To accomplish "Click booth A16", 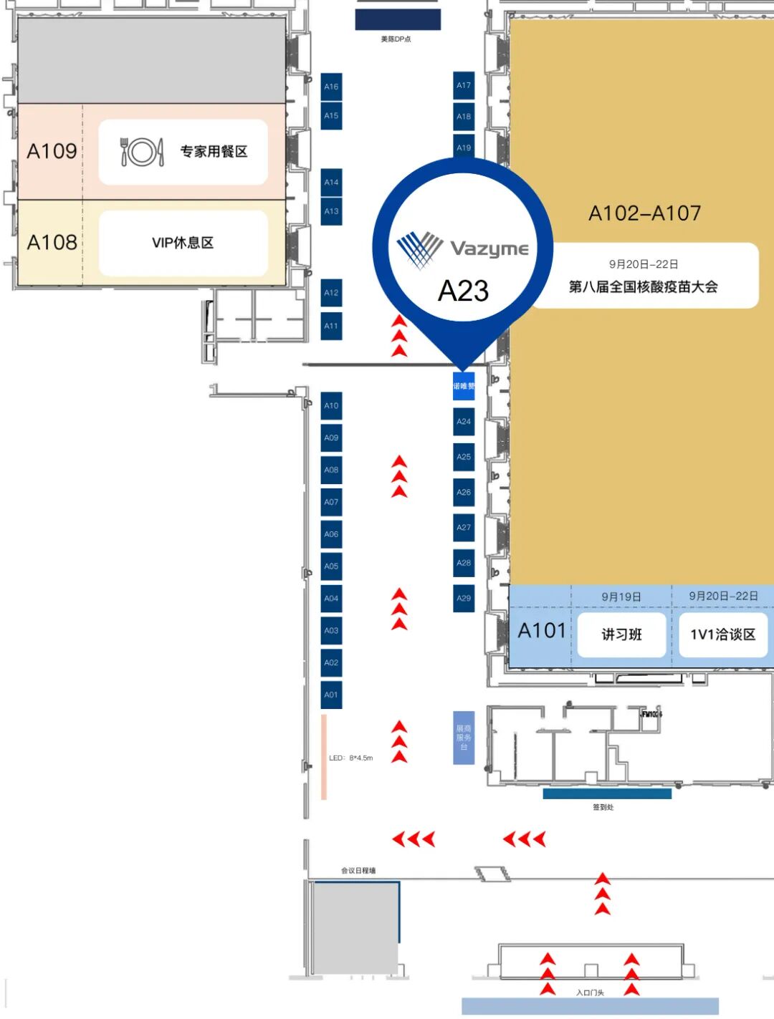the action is (331, 86).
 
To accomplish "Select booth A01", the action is (331, 695).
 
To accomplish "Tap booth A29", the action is (464, 598).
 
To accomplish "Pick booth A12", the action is (331, 292).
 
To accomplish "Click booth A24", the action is (464, 422).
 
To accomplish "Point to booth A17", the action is (464, 85).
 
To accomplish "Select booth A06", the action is (331, 534).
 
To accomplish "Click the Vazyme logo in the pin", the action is (462, 248).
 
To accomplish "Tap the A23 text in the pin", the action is (463, 291).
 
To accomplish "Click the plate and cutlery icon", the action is (141, 152).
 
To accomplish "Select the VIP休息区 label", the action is (183, 243).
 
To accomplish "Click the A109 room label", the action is (52, 151).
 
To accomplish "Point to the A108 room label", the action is (52, 242).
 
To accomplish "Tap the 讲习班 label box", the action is (621, 634).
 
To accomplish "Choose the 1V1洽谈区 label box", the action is (722, 634).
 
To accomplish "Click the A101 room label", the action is (542, 631).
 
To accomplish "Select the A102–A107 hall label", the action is (644, 213).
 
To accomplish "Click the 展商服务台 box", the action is (464, 738).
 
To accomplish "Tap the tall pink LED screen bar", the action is (324, 756).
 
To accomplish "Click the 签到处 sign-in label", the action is (603, 807).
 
